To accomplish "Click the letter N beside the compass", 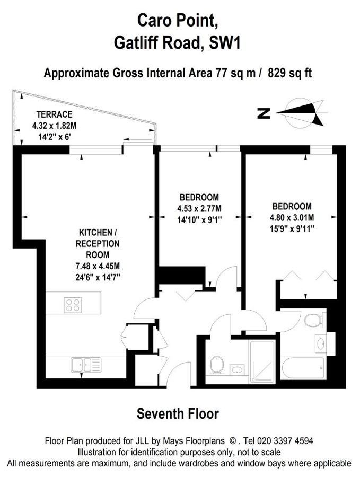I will coord(264,113).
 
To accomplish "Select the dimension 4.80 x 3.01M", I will coord(292,217).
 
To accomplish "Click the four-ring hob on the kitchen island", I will coord(73,305).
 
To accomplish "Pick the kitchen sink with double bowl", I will coord(85,364).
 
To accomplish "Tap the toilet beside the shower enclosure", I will coord(216,365).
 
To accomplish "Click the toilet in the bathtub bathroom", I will coord(313,320).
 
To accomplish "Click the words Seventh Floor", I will coord(178,412).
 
